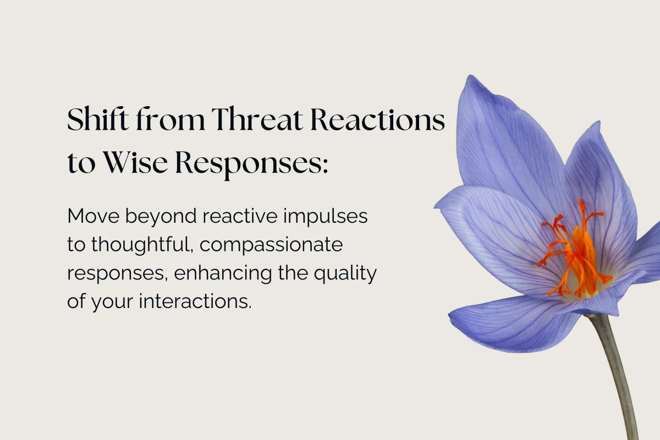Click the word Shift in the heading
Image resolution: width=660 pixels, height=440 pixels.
pyautogui.click(x=98, y=119)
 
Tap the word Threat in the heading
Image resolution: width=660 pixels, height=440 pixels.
pyautogui.click(x=257, y=119)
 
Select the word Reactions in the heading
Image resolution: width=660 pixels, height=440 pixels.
pyautogui.click(x=377, y=119)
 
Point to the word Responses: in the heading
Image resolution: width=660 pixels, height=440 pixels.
pyautogui.click(x=251, y=165)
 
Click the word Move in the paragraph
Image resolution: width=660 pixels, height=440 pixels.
pyautogui.click(x=94, y=216)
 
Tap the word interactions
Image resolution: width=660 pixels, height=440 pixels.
pyautogui.click(x=195, y=301)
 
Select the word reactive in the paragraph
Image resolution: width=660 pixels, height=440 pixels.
pyautogui.click(x=240, y=216)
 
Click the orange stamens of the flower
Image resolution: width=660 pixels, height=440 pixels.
pyautogui.click(x=576, y=253)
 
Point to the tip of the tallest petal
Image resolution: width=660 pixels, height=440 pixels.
pyautogui.click(x=470, y=76)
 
